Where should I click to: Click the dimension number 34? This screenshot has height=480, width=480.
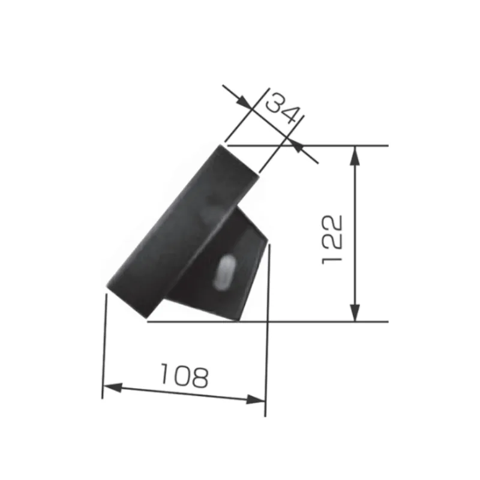[282, 108]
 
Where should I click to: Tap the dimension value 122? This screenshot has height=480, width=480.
[332, 239]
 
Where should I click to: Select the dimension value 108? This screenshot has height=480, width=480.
[185, 376]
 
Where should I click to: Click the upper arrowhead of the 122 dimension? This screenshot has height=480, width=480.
[355, 156]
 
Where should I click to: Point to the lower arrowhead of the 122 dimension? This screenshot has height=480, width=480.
[355, 312]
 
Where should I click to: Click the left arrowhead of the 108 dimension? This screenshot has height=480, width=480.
[113, 388]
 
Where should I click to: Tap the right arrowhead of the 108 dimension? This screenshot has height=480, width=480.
[256, 399]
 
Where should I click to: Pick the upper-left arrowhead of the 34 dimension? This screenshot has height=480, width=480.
[245, 101]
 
